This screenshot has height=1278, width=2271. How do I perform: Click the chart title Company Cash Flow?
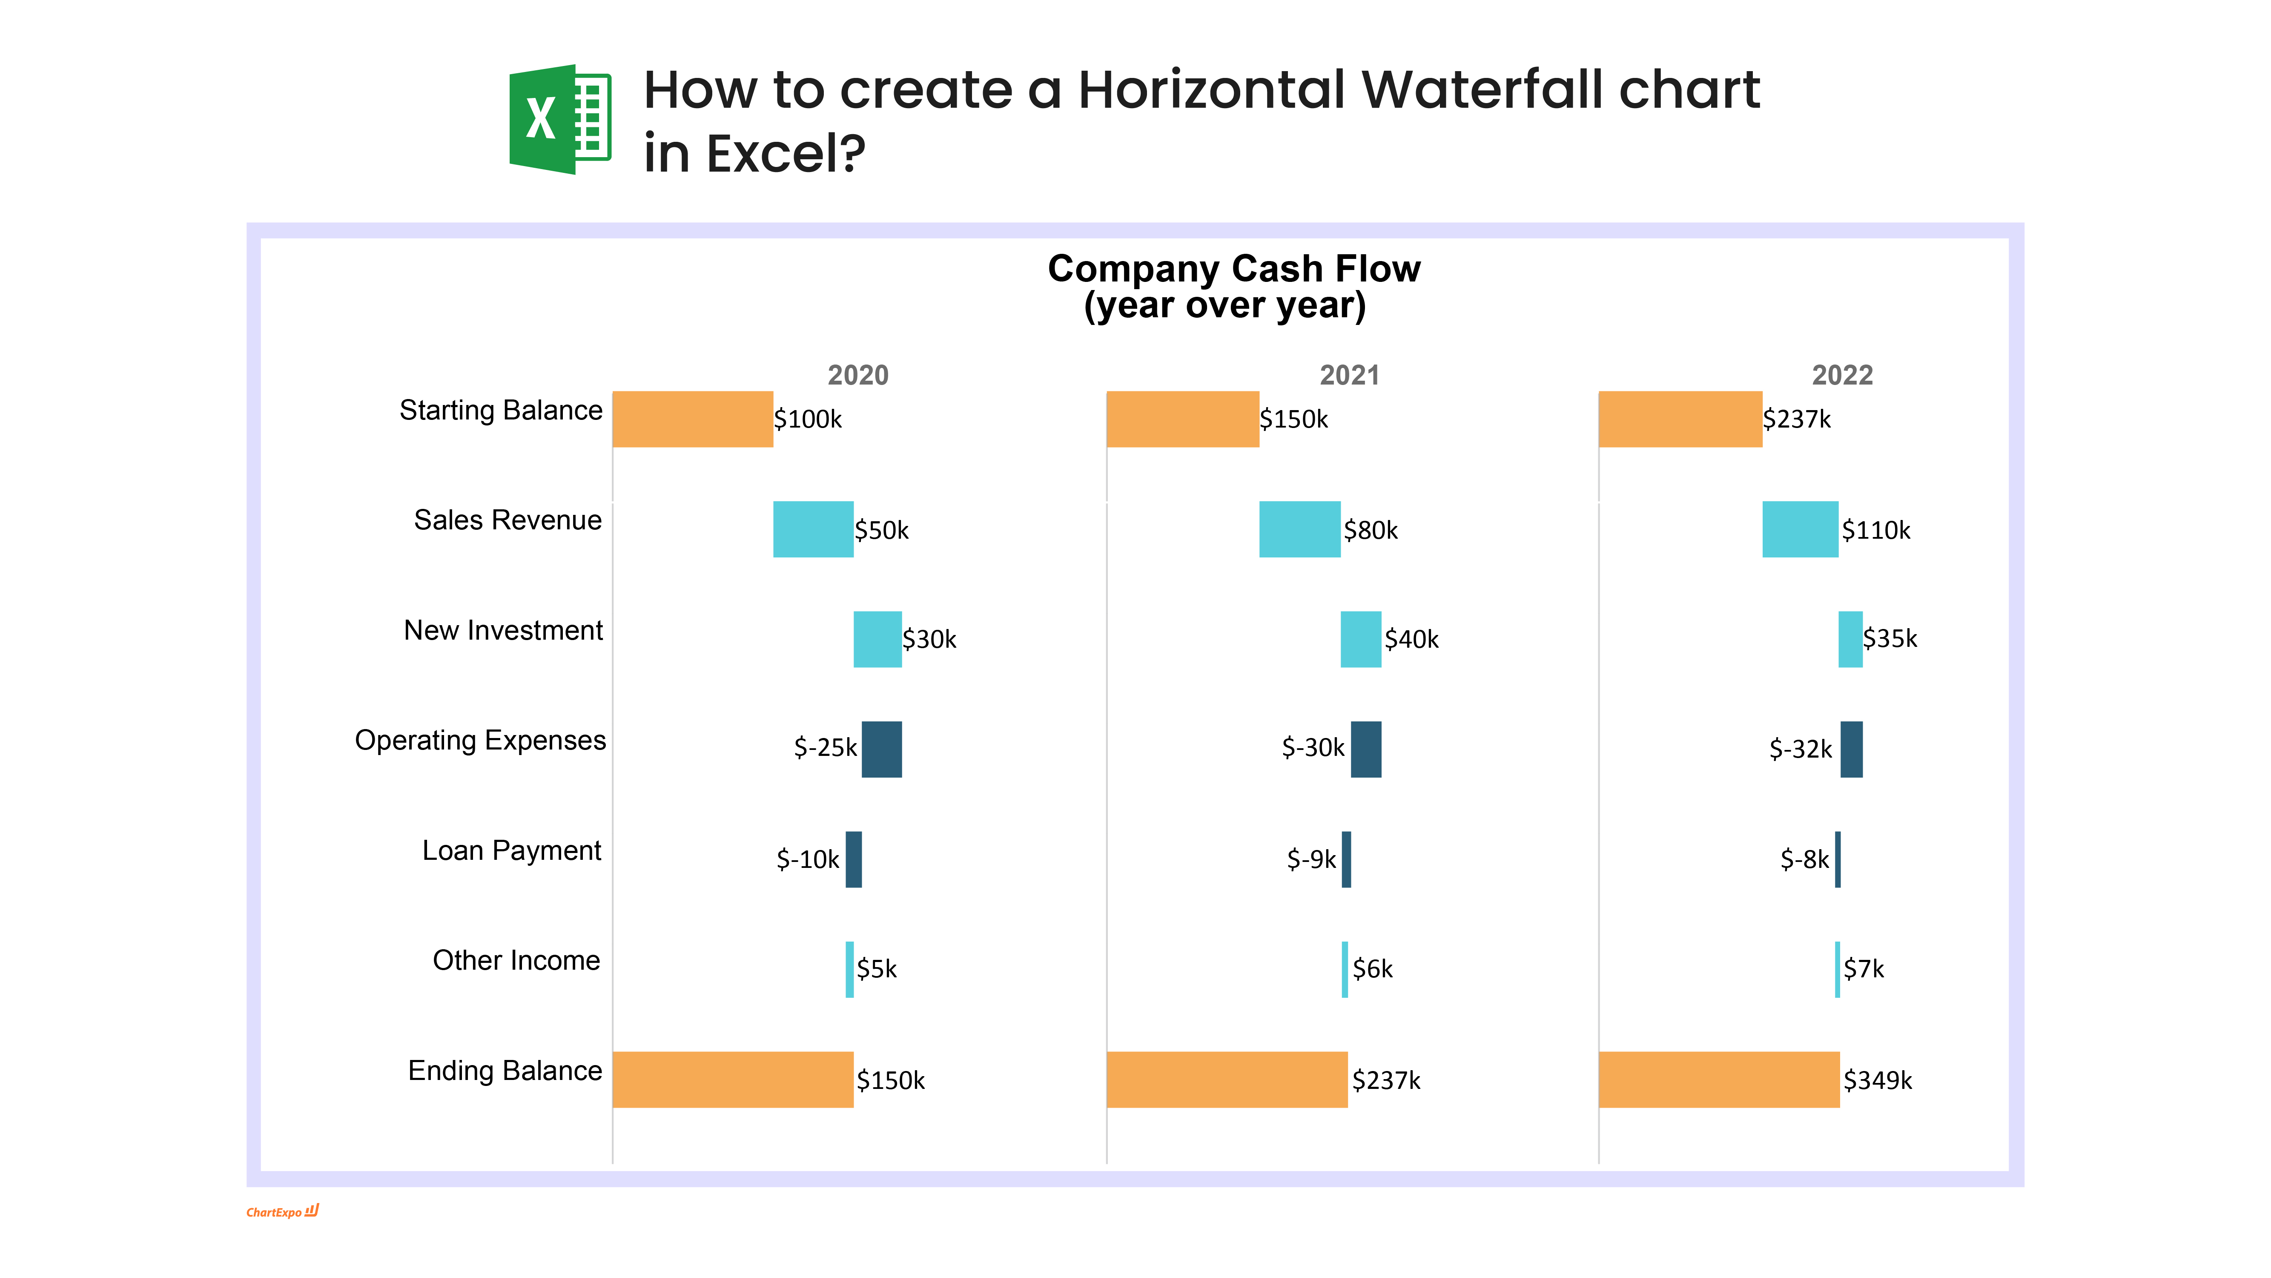point(1233,268)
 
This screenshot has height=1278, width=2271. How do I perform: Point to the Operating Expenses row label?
point(481,741)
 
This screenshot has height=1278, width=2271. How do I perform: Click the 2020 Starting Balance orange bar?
point(693,419)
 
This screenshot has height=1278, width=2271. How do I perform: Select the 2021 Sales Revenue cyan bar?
point(1299,529)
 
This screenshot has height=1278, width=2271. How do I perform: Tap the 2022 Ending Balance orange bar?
point(1719,1080)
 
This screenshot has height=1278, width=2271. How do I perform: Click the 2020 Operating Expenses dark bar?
point(882,750)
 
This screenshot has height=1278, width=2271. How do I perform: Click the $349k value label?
point(1878,1080)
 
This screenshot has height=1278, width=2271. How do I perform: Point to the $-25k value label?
point(825,748)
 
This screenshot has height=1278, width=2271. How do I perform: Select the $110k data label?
point(1876,530)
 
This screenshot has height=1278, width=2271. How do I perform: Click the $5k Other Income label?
point(876,969)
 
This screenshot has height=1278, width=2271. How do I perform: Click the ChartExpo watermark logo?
point(282,1212)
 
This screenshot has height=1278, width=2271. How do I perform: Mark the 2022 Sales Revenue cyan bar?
point(1800,529)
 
